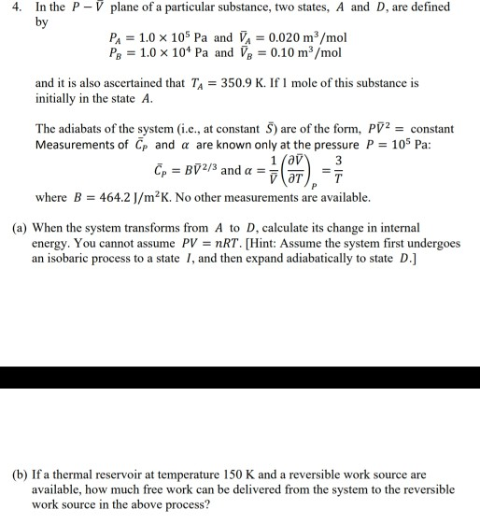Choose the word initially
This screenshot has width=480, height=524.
point(57,98)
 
